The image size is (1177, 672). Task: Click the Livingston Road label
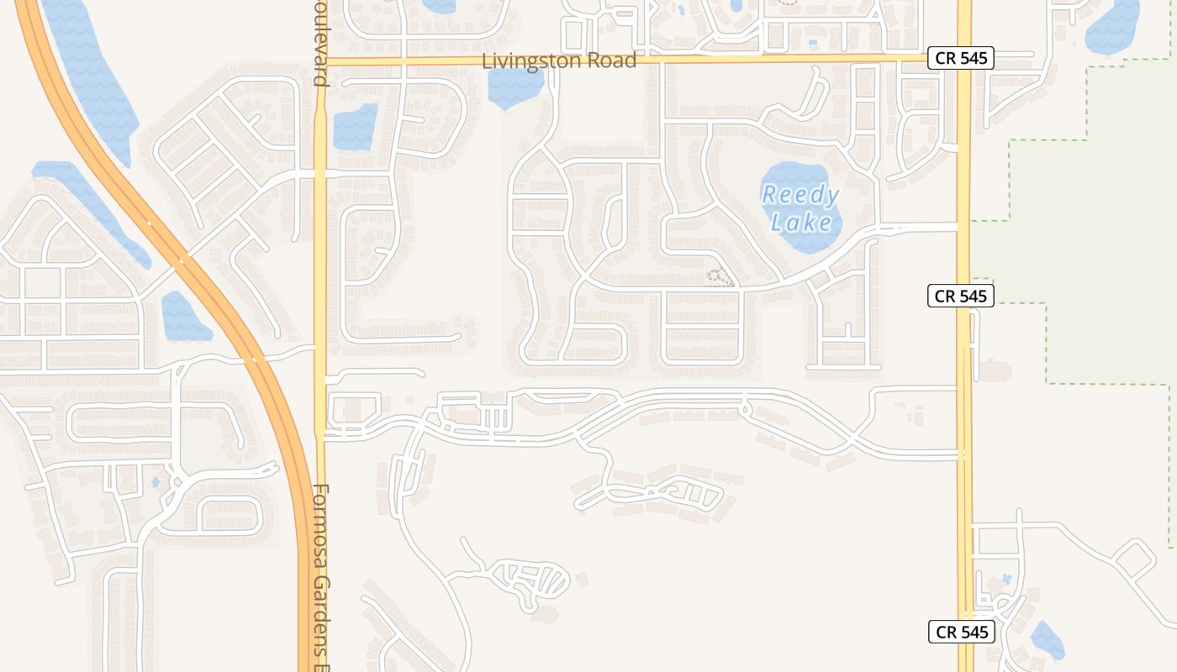(559, 61)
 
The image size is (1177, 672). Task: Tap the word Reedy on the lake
(800, 196)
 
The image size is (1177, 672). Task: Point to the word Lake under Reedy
(801, 223)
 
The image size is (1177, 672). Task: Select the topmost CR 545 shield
(961, 58)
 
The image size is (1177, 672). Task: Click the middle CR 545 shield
(961, 296)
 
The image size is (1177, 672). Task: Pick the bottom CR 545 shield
(961, 632)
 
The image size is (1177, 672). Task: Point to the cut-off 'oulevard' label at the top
(319, 42)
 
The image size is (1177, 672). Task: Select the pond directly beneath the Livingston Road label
(515, 87)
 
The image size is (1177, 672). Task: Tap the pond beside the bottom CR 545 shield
(1048, 640)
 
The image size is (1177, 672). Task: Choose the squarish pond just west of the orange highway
(183, 318)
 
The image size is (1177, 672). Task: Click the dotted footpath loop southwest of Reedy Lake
(716, 278)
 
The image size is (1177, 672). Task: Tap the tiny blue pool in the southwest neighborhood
(155, 482)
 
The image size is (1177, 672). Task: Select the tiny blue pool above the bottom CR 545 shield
(1006, 580)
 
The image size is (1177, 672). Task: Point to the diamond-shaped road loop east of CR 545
(1136, 559)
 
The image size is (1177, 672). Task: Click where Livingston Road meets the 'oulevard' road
(320, 61)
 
